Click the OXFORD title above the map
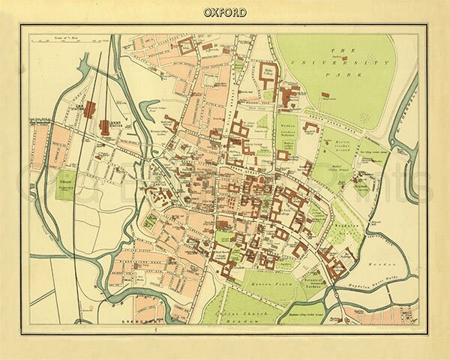(x=224, y=12)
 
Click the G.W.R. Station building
(x=89, y=109)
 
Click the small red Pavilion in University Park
(x=328, y=95)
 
